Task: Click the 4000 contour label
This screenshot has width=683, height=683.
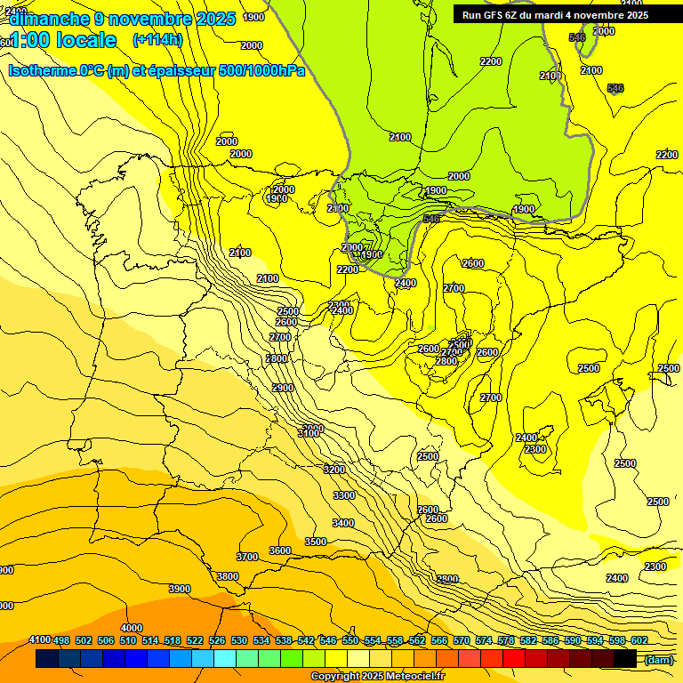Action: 131,628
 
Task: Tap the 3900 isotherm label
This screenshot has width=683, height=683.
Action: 180,589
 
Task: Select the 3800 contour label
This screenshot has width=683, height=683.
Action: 228,576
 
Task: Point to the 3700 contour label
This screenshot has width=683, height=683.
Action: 247,557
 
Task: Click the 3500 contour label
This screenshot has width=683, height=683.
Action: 315,542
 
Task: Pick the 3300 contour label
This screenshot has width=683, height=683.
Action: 344,495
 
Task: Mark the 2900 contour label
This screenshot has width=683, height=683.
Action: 283,388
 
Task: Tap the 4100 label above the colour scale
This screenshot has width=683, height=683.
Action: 39,639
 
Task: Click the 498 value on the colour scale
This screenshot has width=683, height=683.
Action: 61,640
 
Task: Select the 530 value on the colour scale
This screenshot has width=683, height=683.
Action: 239,640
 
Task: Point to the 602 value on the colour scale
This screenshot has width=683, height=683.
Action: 639,640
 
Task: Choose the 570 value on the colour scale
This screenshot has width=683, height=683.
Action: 462,640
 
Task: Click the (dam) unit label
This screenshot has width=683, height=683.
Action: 658,659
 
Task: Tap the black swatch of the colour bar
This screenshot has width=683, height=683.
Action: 625,659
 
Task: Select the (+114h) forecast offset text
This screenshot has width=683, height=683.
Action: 157,39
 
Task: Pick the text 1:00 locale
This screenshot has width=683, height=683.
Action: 62,40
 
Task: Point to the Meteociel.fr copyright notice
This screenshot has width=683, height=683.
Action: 377,676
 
